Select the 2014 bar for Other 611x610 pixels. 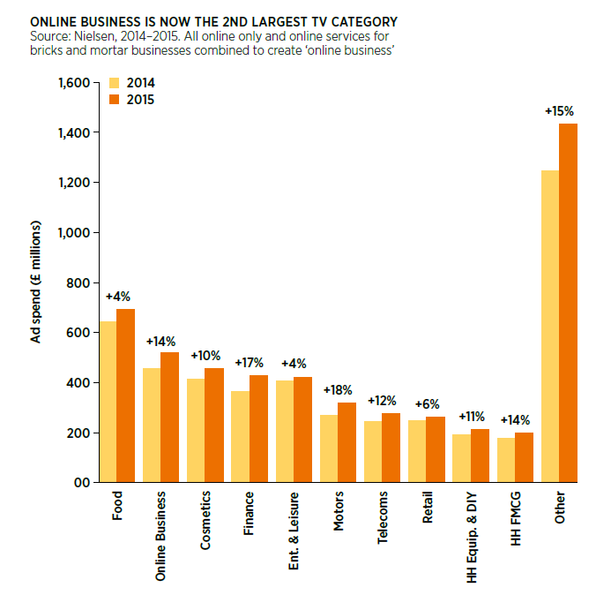pos(550,327)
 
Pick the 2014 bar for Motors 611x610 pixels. pos(329,448)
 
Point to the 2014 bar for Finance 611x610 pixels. pos(240,436)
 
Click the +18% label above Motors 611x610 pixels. pos(338,389)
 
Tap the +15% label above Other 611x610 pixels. pos(559,111)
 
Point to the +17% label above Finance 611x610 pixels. pos(250,362)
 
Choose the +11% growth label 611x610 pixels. pos(471,415)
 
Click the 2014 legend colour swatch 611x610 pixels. pos(114,83)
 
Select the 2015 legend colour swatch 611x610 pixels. pos(114,100)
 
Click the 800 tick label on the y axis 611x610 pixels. pos(79,282)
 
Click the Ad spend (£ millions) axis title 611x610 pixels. pos(38,282)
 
